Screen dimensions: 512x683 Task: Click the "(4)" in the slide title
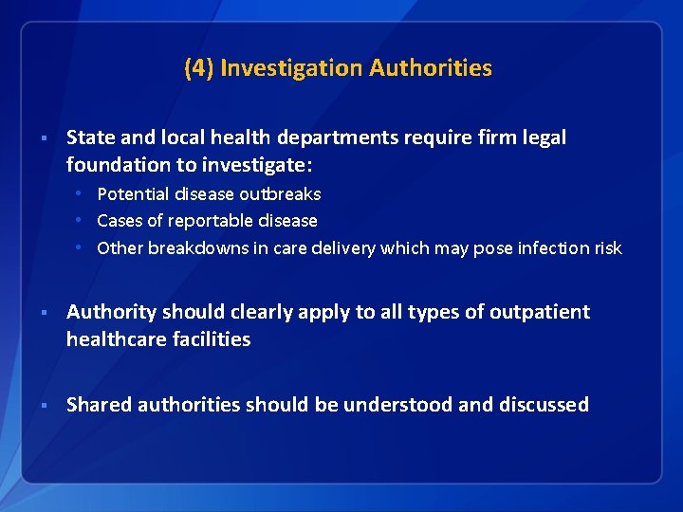click(x=198, y=68)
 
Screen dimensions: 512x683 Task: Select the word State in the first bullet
click(x=88, y=137)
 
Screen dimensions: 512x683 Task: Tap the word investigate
click(x=257, y=165)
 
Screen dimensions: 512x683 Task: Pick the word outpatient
click(x=540, y=312)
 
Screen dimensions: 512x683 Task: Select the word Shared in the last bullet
click(x=99, y=405)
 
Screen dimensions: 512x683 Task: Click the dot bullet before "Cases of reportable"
click(x=83, y=221)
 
